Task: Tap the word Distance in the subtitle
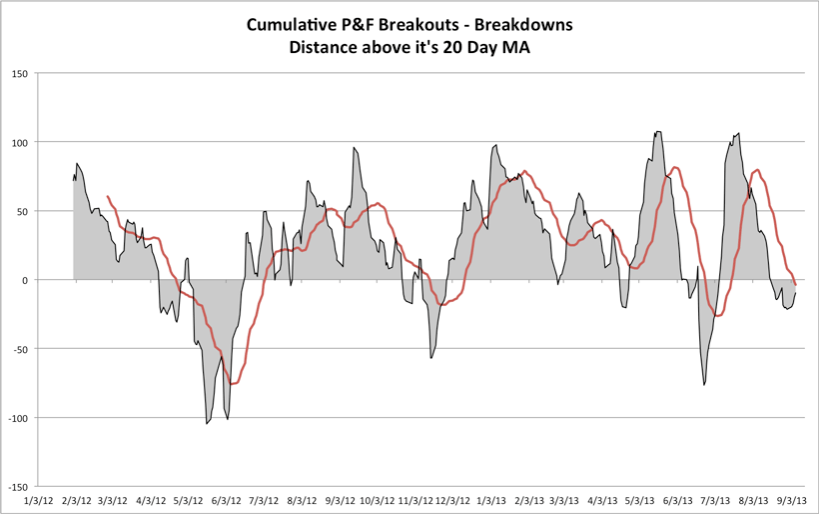[x=323, y=46]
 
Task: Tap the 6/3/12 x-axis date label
[x=228, y=499]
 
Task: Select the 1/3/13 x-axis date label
[x=490, y=499]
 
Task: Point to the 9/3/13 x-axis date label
[x=794, y=499]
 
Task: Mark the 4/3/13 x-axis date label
[x=603, y=499]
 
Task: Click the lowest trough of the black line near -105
[x=207, y=424]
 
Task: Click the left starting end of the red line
[x=107, y=197]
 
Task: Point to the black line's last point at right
[x=796, y=291]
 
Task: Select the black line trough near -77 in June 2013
[x=704, y=385]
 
